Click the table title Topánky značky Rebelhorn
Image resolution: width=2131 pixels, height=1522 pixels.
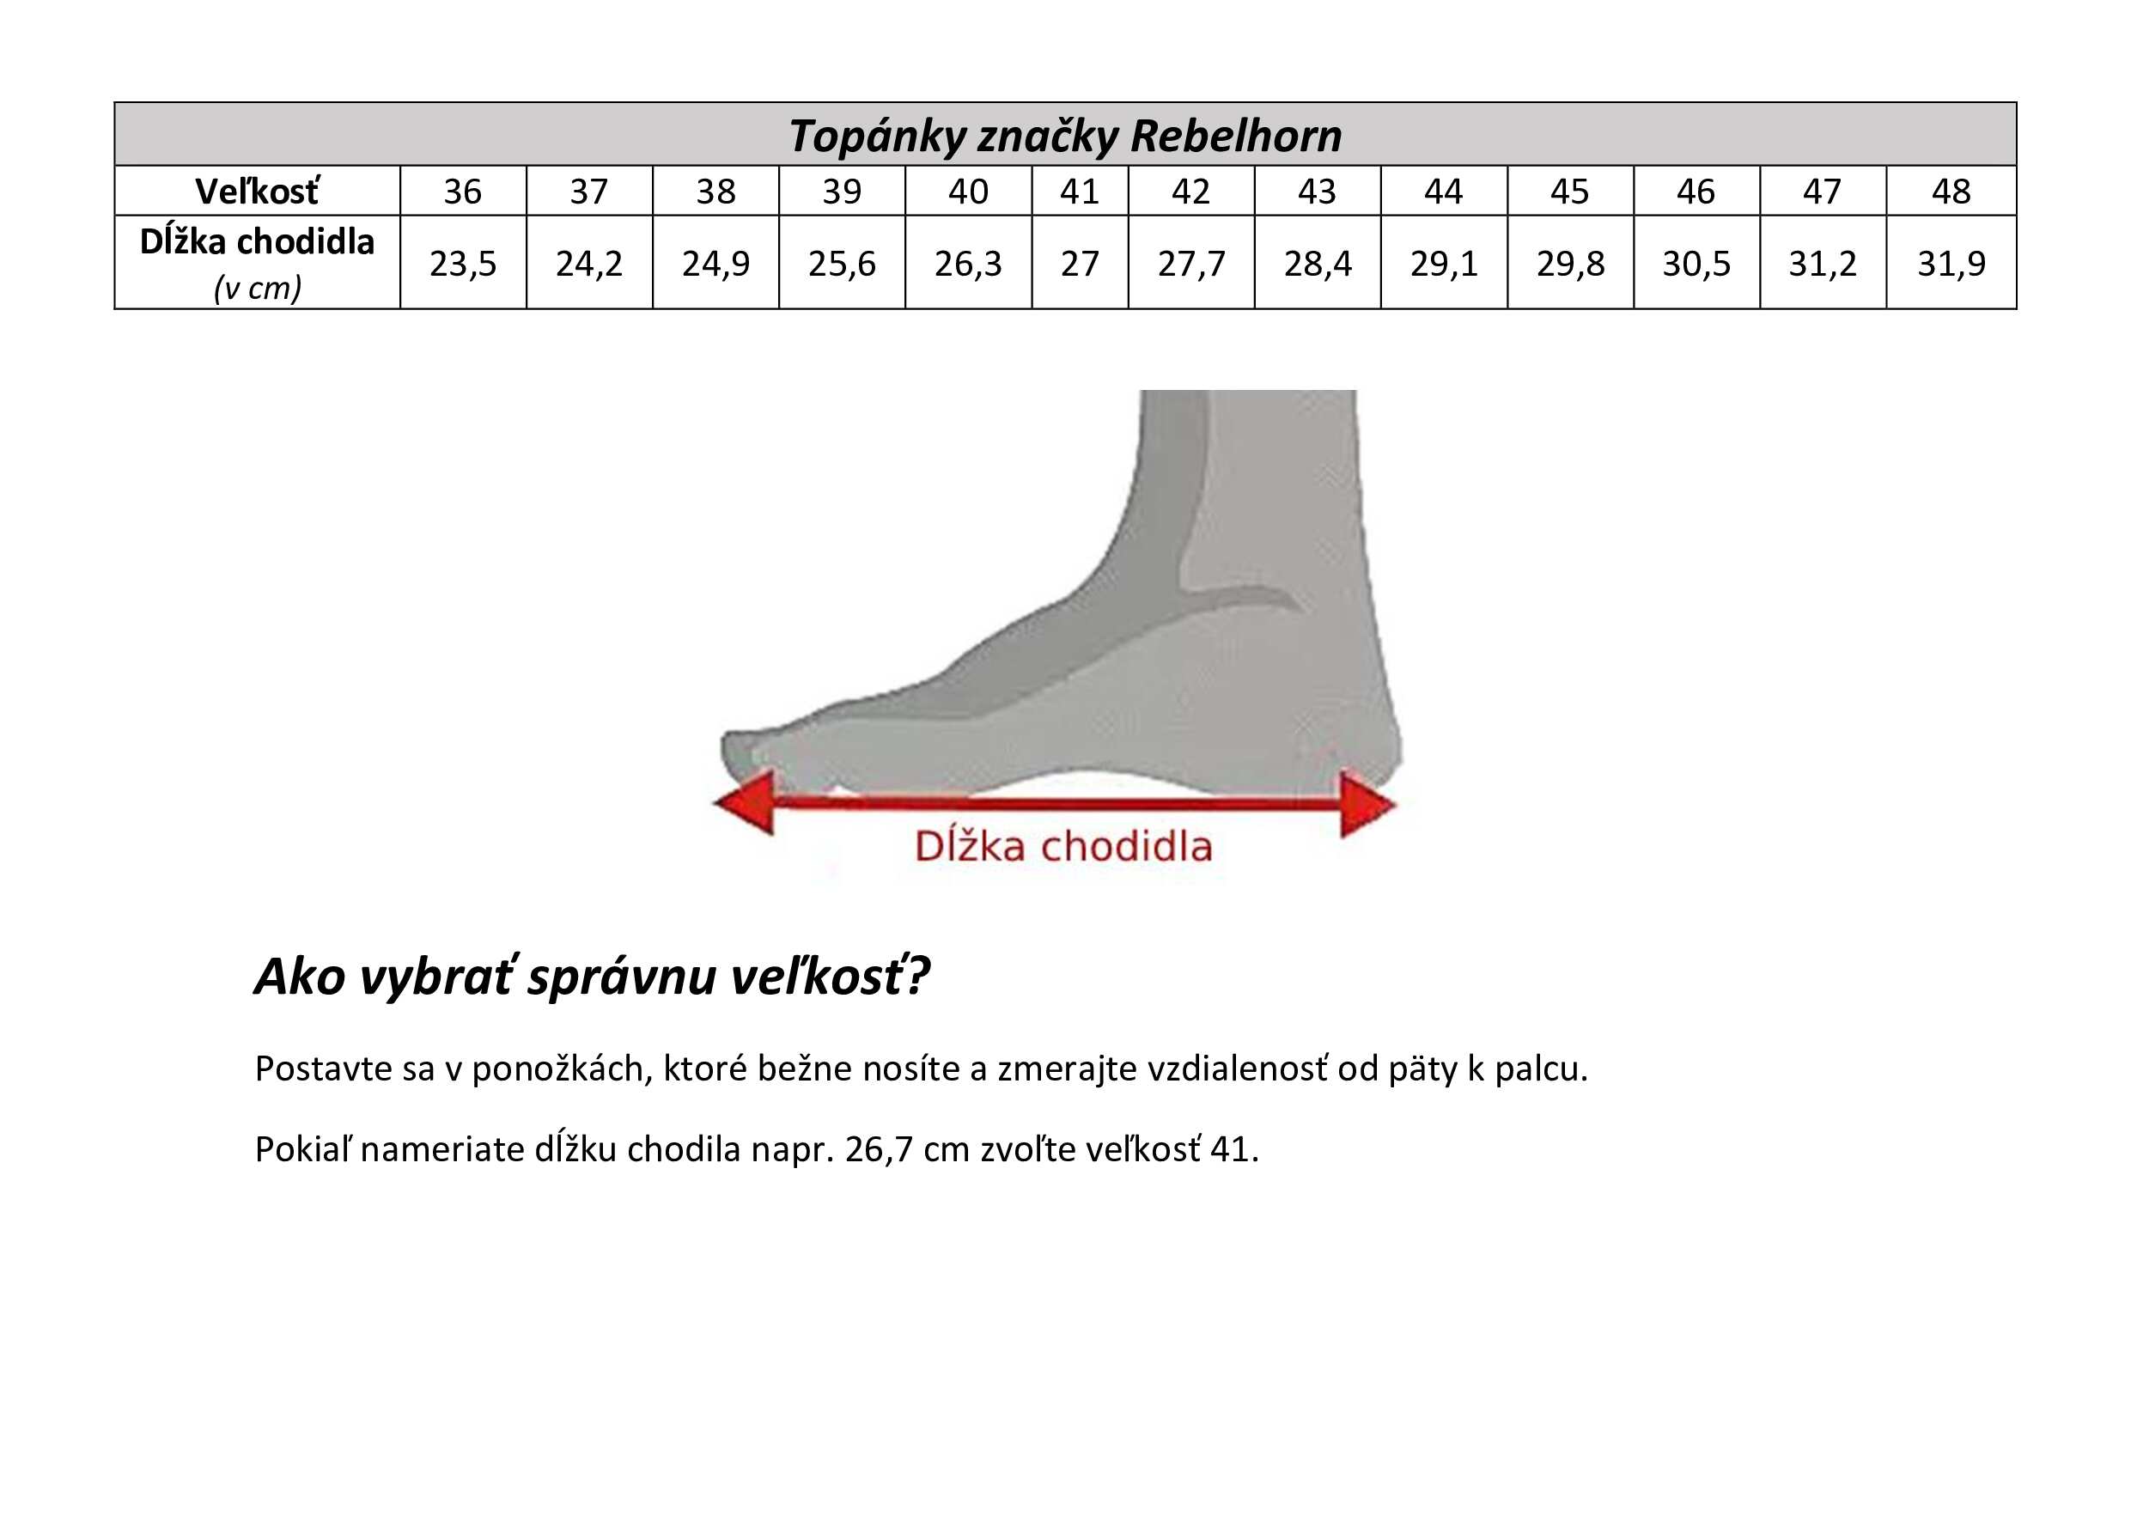(x=1064, y=136)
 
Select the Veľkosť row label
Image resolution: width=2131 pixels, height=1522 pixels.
(x=257, y=192)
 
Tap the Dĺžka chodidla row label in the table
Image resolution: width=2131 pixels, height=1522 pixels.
(x=257, y=242)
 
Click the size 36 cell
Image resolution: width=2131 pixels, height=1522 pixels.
(x=463, y=192)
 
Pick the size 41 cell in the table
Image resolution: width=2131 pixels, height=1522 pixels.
(x=1080, y=192)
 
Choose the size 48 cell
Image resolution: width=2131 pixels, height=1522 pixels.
(x=1951, y=192)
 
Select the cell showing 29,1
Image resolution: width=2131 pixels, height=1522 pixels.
(x=1444, y=263)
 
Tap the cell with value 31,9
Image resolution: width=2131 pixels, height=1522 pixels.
(x=1951, y=263)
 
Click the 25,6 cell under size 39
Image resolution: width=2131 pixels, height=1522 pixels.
(x=842, y=263)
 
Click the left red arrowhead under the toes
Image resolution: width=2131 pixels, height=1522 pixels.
(x=746, y=802)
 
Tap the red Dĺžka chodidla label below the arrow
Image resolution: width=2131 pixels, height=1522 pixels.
(x=1062, y=846)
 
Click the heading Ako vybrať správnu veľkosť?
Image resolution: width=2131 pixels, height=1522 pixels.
(x=593, y=977)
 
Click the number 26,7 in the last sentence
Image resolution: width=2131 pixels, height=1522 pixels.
(x=879, y=1149)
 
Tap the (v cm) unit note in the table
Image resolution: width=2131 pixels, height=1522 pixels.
(x=258, y=288)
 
